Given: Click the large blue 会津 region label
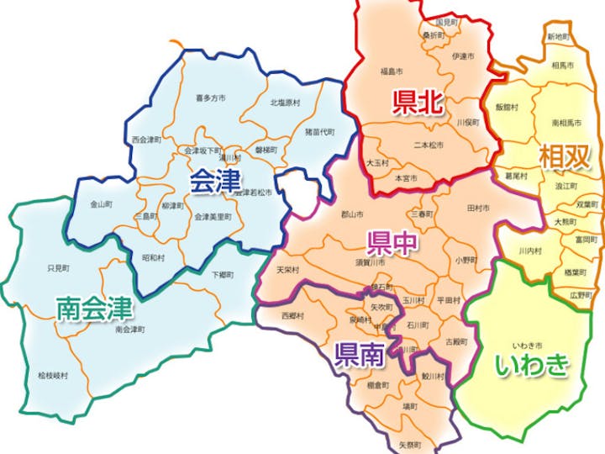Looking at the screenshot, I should point(215,180).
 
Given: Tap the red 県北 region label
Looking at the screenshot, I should point(418,103).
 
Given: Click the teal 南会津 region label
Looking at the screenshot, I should point(94,309).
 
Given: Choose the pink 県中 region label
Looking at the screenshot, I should point(392,243).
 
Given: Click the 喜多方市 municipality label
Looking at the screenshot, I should point(210,98).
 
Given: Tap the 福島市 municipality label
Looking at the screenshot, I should point(392,71).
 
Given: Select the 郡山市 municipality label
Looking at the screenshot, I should point(351,214).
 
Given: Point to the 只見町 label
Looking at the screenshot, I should point(57,268).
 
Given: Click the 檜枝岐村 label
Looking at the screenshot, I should point(52,376).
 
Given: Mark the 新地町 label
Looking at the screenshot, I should point(558,37).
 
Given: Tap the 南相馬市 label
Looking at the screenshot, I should point(568,123).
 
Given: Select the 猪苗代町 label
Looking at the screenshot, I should point(319,132).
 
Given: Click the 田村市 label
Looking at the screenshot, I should point(478,207).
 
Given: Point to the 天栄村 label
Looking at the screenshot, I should point(287,270).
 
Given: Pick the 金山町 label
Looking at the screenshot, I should point(102,204).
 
